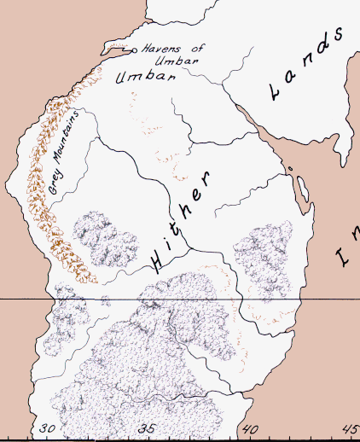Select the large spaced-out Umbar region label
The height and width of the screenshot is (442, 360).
point(145,77)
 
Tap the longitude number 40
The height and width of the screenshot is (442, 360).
point(250,429)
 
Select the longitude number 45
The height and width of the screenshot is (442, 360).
point(350,429)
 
